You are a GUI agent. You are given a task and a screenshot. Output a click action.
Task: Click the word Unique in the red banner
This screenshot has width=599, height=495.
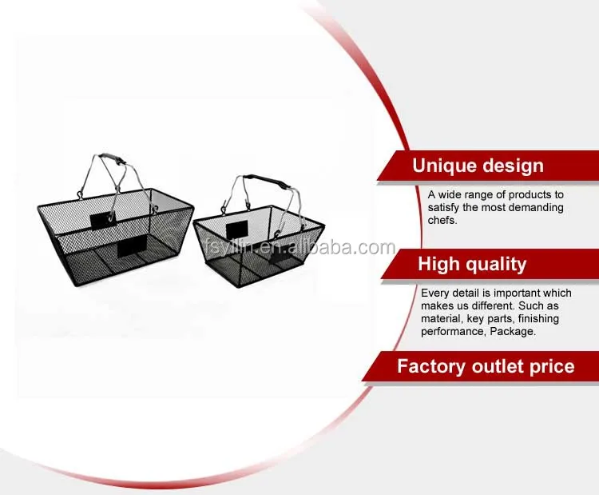[x=443, y=166]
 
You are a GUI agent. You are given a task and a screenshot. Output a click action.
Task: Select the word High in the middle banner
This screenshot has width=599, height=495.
[x=438, y=265]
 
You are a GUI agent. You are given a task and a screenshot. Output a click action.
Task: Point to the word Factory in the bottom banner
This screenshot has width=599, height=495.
[x=431, y=366]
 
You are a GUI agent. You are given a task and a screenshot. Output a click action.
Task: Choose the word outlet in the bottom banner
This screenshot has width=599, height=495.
[x=498, y=366]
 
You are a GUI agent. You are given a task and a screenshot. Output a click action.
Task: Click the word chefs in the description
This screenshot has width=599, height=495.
[x=441, y=221]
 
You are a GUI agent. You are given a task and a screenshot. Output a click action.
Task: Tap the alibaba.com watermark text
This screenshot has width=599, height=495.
[x=299, y=248]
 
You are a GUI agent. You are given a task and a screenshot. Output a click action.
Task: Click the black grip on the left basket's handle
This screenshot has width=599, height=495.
[x=113, y=159]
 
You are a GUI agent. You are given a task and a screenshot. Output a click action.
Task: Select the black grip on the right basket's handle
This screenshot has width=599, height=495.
[x=265, y=180]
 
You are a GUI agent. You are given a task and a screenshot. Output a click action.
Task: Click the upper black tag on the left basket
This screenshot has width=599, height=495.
[x=102, y=220]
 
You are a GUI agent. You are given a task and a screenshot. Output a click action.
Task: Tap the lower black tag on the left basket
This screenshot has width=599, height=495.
[x=132, y=246]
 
